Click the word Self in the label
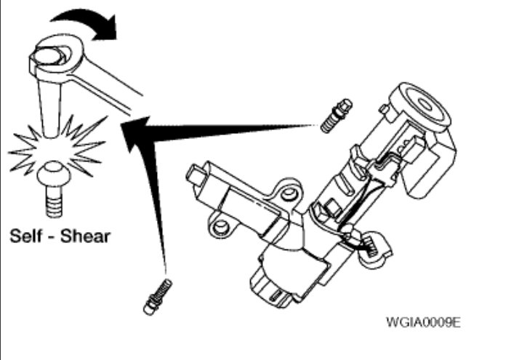[28, 236]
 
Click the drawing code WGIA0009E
[424, 321]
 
